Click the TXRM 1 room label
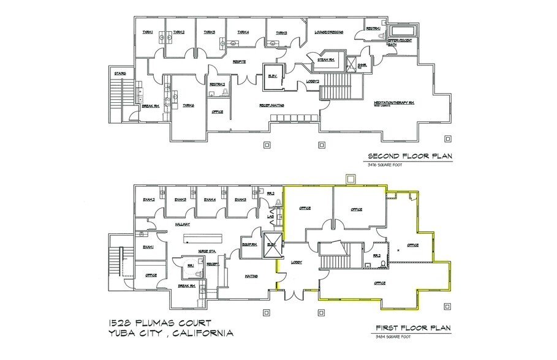(147, 32)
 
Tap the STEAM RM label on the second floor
(325, 60)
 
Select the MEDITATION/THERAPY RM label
(394, 103)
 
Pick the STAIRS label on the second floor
(119, 73)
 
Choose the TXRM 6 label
(188, 106)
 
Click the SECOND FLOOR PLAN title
(409, 156)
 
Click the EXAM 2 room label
(148, 200)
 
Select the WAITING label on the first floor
(251, 276)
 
